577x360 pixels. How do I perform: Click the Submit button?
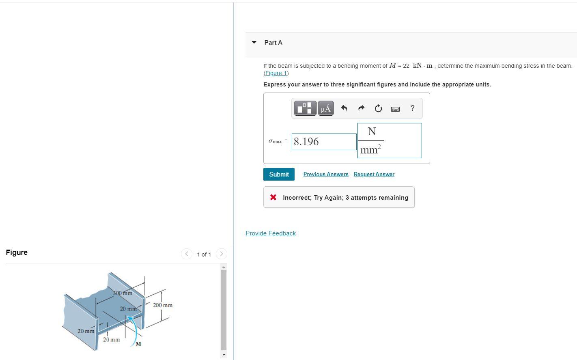[x=279, y=175]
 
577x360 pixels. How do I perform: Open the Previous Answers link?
[x=326, y=175]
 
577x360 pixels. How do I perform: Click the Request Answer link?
[x=374, y=175]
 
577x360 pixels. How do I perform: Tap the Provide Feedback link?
[x=271, y=233]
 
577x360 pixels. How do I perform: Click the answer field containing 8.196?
[x=324, y=142]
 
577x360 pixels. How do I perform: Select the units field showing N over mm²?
[x=389, y=141]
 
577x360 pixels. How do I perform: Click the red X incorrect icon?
[x=273, y=197]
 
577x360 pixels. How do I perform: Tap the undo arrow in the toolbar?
[x=344, y=108]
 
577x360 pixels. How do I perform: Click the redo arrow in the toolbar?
[x=361, y=108]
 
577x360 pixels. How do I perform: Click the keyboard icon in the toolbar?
[x=395, y=109]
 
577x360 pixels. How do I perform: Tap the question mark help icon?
[x=413, y=108]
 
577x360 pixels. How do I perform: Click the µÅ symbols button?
[x=325, y=108]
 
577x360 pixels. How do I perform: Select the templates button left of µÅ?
[x=305, y=108]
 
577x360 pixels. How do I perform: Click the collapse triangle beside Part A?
[x=254, y=42]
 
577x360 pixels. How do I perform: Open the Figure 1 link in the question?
[x=276, y=73]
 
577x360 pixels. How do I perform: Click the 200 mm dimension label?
[x=163, y=305]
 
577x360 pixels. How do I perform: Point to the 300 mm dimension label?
[x=123, y=293]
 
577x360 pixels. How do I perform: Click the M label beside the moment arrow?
[x=138, y=344]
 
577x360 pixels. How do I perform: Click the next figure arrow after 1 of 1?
[x=221, y=254]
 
